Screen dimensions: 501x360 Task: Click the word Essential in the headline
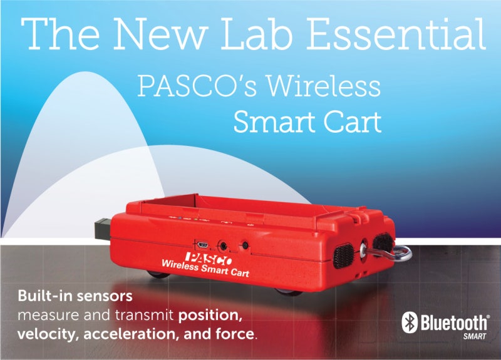[396, 34]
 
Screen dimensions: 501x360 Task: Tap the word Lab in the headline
[257, 34]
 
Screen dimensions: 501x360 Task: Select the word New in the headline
[159, 34]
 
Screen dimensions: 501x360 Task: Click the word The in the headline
[59, 34]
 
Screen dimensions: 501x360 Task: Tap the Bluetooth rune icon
[410, 322]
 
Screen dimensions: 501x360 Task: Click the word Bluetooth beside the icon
[453, 322]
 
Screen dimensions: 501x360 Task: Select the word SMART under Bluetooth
[475, 336]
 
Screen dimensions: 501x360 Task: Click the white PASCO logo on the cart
[209, 259]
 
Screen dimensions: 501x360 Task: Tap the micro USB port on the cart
[202, 245]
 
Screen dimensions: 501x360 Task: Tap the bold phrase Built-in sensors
[75, 296]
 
